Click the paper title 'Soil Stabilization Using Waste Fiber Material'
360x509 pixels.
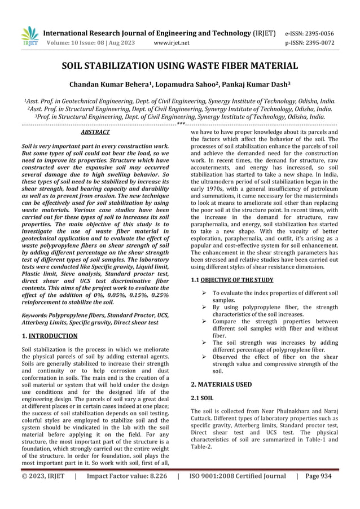(179, 67)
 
